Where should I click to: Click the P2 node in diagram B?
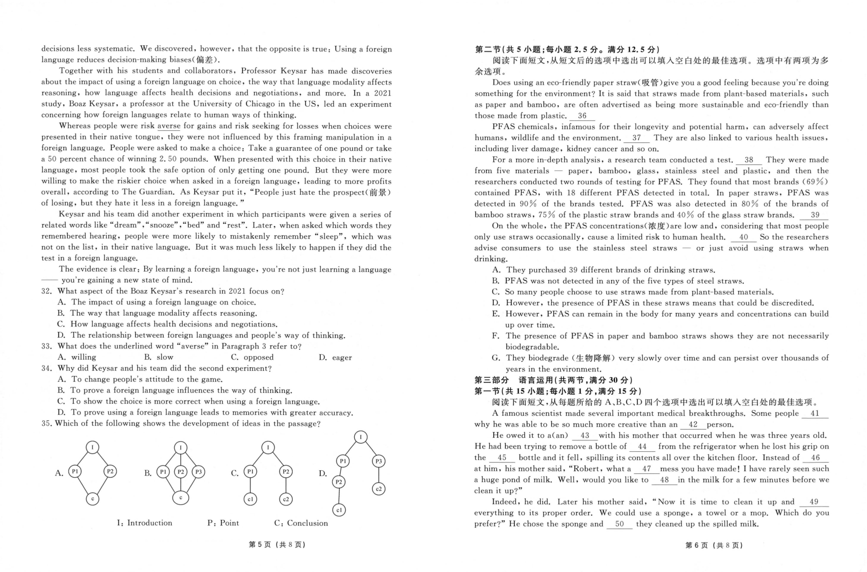[181, 472]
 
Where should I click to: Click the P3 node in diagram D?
[379, 461]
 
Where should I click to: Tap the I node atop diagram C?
[268, 447]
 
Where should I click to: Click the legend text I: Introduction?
[145, 523]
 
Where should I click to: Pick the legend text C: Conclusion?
[301, 523]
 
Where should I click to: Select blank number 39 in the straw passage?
[815, 215]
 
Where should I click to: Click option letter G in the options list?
[496, 358]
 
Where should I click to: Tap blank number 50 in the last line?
[619, 524]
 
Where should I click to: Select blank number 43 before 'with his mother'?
[585, 435]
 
